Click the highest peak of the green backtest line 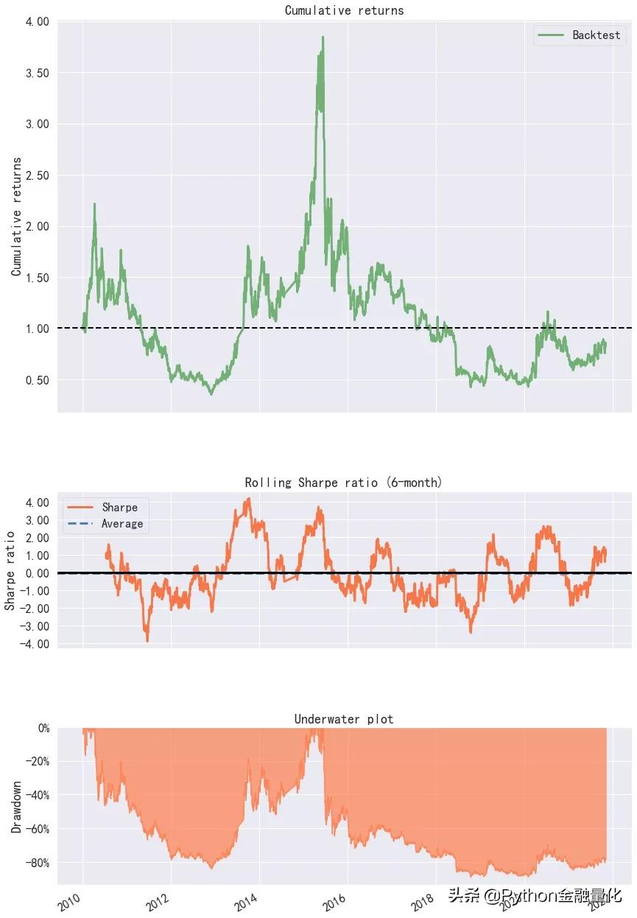323,37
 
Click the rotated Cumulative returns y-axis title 16,217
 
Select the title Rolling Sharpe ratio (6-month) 343,483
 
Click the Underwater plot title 343,719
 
